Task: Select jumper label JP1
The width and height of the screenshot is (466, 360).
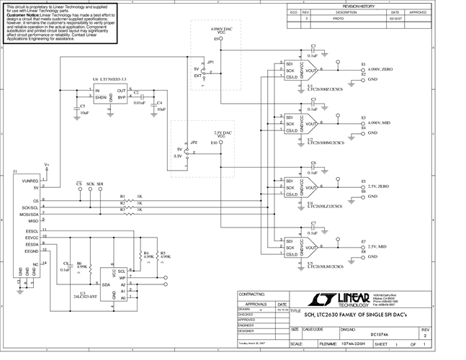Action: [x=210, y=63]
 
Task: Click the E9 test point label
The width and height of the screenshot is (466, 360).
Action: [x=215, y=38]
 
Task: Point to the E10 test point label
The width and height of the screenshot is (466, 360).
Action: [x=213, y=143]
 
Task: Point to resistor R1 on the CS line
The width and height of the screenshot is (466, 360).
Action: [x=122, y=197]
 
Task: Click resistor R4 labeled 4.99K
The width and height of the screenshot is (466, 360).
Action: [x=146, y=253]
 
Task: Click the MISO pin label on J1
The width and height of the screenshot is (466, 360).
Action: [x=32, y=221]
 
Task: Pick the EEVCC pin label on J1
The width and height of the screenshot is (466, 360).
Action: [x=32, y=238]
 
